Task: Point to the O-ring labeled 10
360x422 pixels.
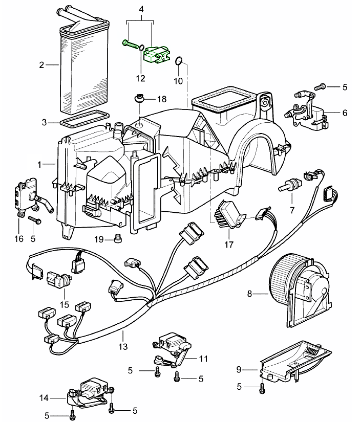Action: (178, 62)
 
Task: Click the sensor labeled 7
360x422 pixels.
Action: (289, 185)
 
